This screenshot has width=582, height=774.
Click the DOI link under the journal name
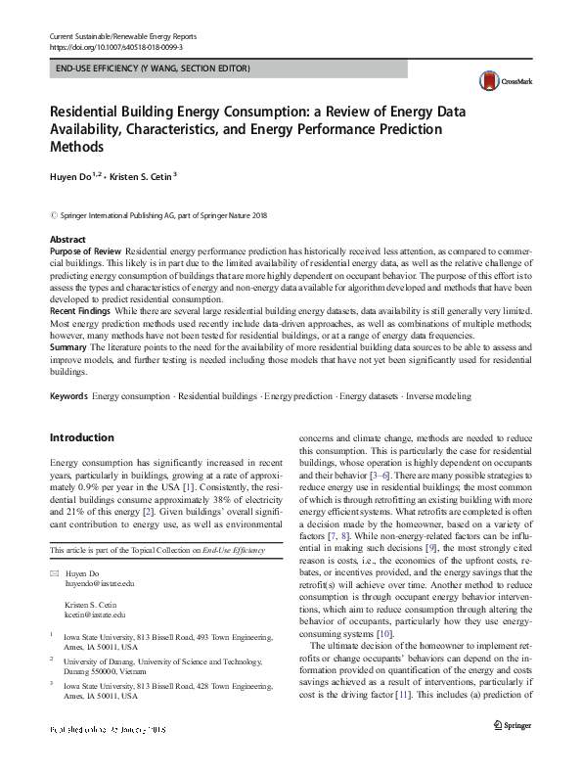click(x=114, y=47)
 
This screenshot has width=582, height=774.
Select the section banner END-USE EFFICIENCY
click(x=153, y=68)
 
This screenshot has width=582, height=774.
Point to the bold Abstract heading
click(x=67, y=240)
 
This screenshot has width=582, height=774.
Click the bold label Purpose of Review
click(x=86, y=251)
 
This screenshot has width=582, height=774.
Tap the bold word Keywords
click(x=68, y=396)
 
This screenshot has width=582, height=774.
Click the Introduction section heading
click(x=82, y=437)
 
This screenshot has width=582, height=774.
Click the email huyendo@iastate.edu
click(x=100, y=582)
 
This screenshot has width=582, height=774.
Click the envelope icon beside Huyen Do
click(x=54, y=571)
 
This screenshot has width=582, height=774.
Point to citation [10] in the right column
click(x=384, y=634)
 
